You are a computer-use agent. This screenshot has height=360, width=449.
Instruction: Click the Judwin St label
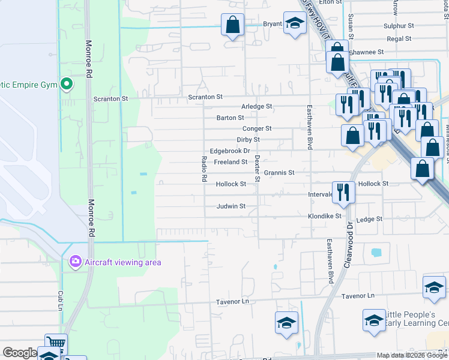(231, 206)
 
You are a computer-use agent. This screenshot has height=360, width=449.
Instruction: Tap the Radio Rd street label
(204, 169)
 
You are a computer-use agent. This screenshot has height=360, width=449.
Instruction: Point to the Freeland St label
(231, 162)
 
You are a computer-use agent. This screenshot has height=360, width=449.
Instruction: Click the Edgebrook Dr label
(229, 151)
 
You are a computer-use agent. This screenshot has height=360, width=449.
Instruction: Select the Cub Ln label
(61, 298)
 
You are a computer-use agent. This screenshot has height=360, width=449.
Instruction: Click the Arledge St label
(256, 106)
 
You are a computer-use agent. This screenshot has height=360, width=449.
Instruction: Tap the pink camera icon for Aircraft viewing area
(75, 261)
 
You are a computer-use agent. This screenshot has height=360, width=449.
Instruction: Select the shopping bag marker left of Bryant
(232, 26)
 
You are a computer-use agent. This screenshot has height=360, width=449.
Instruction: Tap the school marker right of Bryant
(295, 25)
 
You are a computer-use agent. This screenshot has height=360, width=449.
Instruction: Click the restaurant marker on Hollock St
(343, 191)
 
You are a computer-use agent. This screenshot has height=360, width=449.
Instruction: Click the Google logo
(20, 353)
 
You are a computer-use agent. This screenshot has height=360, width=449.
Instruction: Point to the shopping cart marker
(56, 344)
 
